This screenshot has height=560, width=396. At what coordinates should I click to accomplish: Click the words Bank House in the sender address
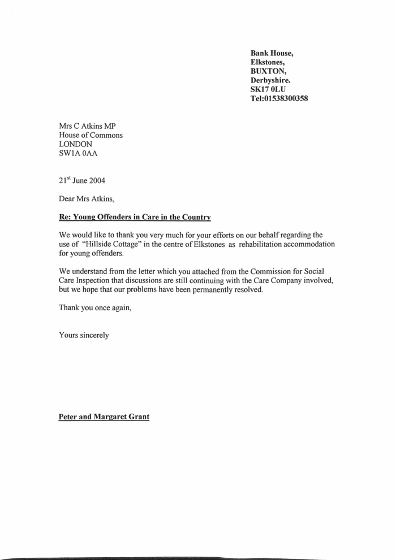tap(272, 54)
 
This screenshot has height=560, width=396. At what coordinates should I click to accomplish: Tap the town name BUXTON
tap(269, 72)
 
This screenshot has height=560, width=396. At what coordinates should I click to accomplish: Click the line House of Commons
tap(91, 135)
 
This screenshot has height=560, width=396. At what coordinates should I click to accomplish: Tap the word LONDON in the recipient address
tap(76, 144)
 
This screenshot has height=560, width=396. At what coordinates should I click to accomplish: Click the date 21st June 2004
tap(81, 181)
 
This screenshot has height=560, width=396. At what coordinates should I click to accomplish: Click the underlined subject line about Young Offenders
tap(135, 216)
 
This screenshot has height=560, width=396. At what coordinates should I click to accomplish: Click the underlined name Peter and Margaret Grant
tap(104, 419)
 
